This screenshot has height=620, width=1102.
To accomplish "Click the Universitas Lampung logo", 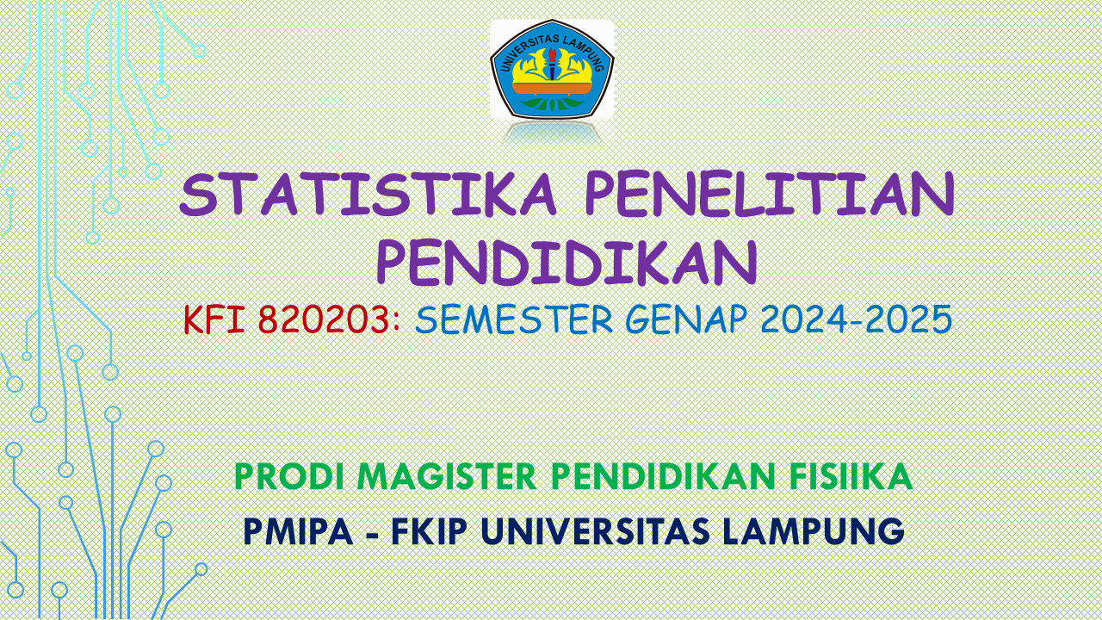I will pos(552,69).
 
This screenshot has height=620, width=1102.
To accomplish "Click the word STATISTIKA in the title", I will pos(368,195).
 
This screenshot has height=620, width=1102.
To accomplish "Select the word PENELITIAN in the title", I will pos(770,195).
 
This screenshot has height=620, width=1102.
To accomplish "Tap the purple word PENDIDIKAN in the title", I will pos(567,262).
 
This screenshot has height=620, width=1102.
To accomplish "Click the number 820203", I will pos(324,320).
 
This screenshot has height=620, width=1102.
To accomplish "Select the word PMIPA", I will pos(298,530).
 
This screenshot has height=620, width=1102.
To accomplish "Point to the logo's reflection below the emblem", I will pos(552,133).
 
